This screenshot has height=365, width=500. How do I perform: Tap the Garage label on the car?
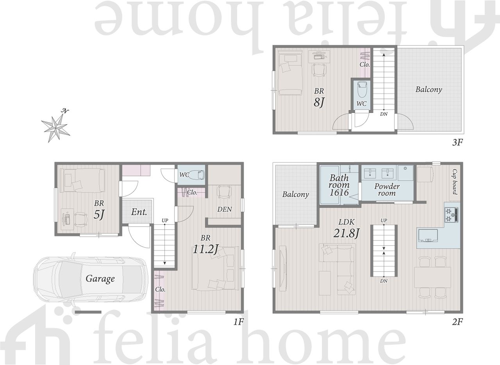[x=100, y=279]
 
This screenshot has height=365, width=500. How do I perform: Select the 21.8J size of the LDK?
[x=346, y=233]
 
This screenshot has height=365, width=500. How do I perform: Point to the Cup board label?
[x=455, y=182]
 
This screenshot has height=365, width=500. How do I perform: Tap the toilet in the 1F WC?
[x=197, y=175]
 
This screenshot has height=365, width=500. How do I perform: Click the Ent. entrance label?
[x=139, y=212]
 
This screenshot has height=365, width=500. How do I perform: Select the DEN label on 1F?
[x=225, y=209]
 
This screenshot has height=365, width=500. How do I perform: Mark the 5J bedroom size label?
[x=99, y=215]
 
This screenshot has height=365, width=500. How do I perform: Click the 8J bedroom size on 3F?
[x=319, y=102]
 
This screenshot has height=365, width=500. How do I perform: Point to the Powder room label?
[x=387, y=190]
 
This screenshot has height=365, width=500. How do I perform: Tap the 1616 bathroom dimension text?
[x=339, y=192]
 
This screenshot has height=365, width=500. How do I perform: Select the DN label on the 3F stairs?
[x=384, y=114]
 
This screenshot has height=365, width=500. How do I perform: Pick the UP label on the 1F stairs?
[x=165, y=220]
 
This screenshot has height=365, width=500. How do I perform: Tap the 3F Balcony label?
[x=429, y=89]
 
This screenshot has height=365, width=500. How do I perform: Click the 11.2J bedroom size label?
[x=205, y=249]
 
